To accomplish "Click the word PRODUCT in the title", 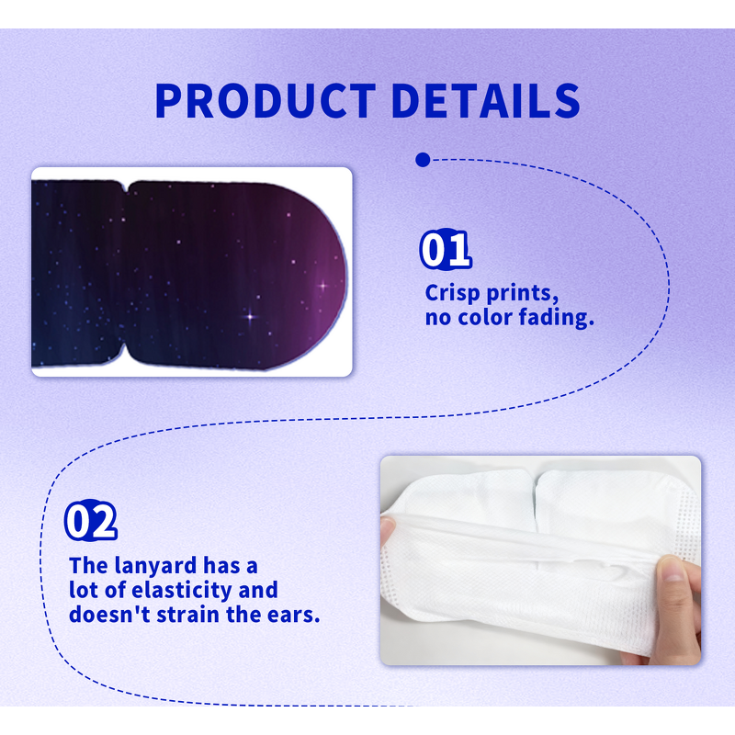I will coord(265,100).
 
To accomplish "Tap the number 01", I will coord(446,250).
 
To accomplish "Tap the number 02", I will coord(91,522).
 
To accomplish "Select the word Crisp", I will coord(452,293).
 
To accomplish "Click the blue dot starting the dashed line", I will coord(423,160).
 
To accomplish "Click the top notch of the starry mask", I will coord(126,187).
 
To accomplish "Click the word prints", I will coord(522,293).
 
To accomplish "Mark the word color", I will coord(485,318).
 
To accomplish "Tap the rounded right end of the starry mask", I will coord(335,276).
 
